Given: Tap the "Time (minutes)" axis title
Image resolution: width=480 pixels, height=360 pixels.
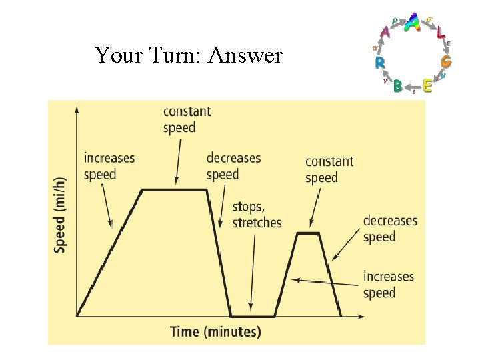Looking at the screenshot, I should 215,331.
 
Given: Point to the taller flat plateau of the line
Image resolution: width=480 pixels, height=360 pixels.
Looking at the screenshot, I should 175,190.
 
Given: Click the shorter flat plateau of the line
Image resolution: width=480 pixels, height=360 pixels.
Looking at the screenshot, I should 308,233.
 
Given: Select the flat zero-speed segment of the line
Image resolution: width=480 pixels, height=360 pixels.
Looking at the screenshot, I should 253,316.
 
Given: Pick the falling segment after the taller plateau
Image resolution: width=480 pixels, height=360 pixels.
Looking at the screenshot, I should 219,253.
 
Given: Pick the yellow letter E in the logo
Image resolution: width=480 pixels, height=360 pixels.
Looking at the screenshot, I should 427,85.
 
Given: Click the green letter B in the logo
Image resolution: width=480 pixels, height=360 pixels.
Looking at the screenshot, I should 398,86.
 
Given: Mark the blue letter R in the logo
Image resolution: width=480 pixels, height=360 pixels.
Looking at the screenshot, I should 379,63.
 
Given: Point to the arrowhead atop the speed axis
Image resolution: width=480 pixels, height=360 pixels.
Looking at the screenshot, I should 77,108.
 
